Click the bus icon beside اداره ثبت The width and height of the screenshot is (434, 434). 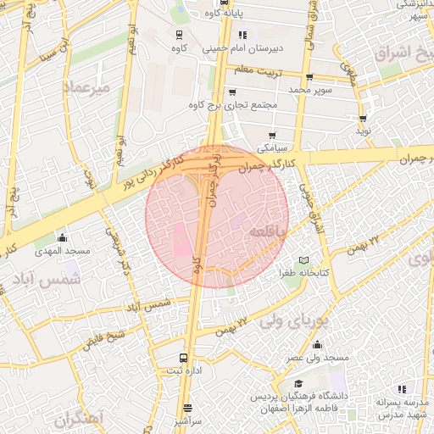(186, 358)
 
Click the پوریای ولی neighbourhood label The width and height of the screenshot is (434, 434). (282, 321)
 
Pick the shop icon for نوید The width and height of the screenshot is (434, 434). (363, 119)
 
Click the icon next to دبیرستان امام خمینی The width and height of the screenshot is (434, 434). (242, 35)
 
